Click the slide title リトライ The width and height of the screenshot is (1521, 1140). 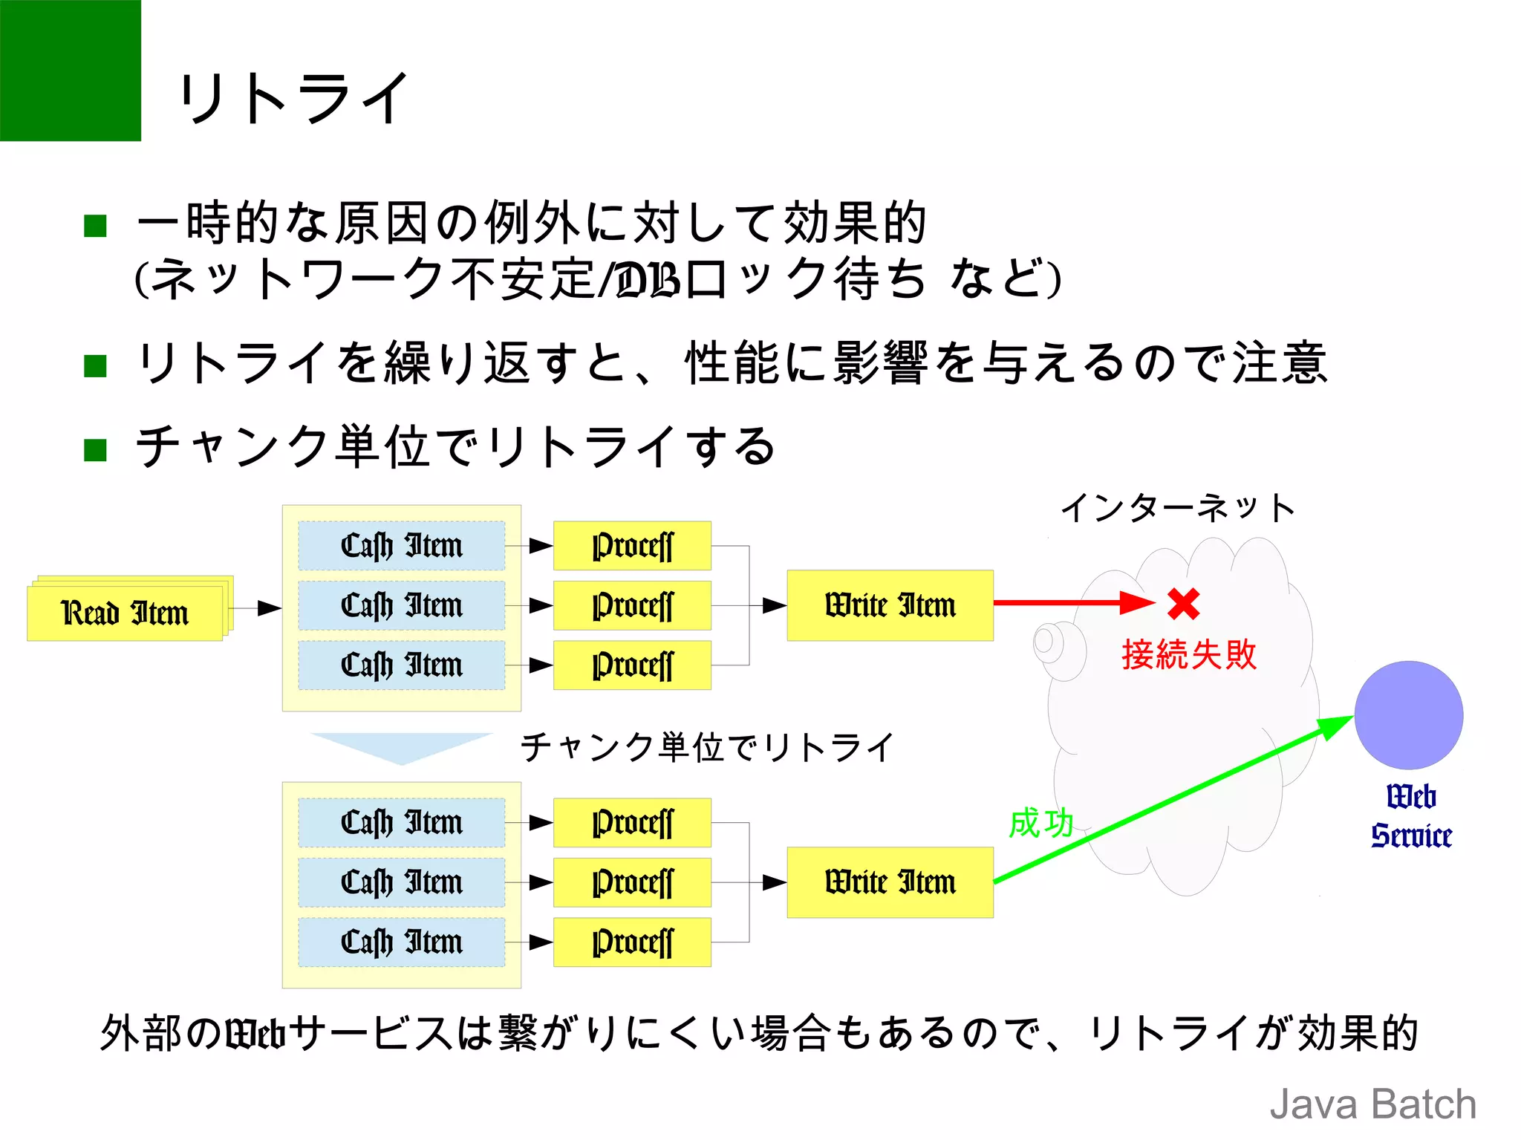click(293, 99)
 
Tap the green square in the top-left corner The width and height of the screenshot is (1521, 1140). click(70, 70)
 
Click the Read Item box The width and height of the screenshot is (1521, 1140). click(125, 613)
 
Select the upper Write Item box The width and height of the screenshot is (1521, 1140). click(890, 605)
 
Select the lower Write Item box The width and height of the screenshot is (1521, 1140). click(890, 882)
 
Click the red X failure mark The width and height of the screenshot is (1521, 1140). click(1183, 604)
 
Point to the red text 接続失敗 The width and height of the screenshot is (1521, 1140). click(1188, 655)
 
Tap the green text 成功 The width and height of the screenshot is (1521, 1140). click(1041, 823)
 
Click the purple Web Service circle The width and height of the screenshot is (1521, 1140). click(1408, 714)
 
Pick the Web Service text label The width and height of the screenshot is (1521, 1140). click(1410, 815)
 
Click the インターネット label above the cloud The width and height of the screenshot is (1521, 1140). click(1177, 509)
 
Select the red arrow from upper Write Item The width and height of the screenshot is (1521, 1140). click(1069, 602)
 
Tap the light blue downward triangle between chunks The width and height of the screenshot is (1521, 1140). click(401, 745)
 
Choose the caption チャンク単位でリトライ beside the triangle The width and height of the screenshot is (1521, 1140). click(707, 747)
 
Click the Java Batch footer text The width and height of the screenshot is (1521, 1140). click(1372, 1104)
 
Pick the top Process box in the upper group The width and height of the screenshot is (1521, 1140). click(632, 546)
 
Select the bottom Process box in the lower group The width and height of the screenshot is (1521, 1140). click(632, 942)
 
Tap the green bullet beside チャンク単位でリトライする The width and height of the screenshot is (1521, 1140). click(96, 449)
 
